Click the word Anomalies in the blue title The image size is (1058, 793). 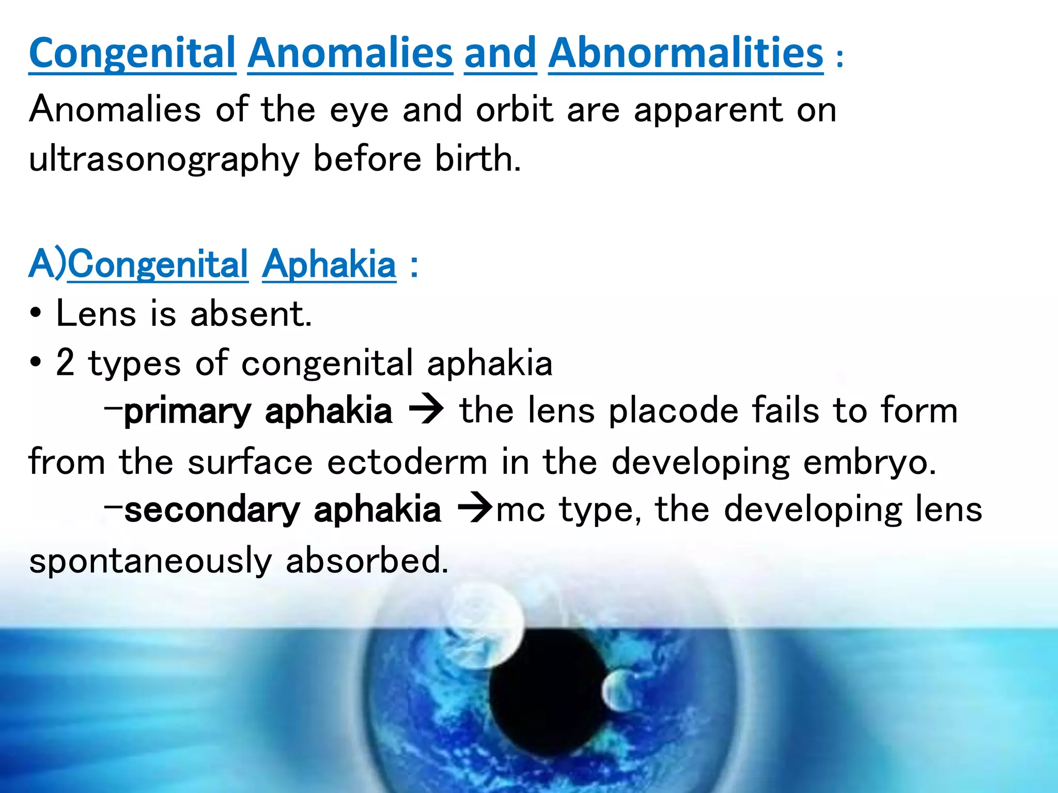[x=350, y=53]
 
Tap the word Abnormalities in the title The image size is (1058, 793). [x=686, y=53]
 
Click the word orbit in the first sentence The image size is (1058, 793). [x=514, y=109]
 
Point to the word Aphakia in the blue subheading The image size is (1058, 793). [x=329, y=264]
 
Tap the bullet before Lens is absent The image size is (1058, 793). [x=35, y=314]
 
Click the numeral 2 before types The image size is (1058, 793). [x=65, y=362]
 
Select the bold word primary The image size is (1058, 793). [x=188, y=411]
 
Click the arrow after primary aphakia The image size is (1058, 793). [x=426, y=411]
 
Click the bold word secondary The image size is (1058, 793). [x=212, y=510]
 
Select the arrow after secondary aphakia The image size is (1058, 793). [x=474, y=510]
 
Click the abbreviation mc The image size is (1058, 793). [x=520, y=510]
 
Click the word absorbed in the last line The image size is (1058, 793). [x=367, y=560]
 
